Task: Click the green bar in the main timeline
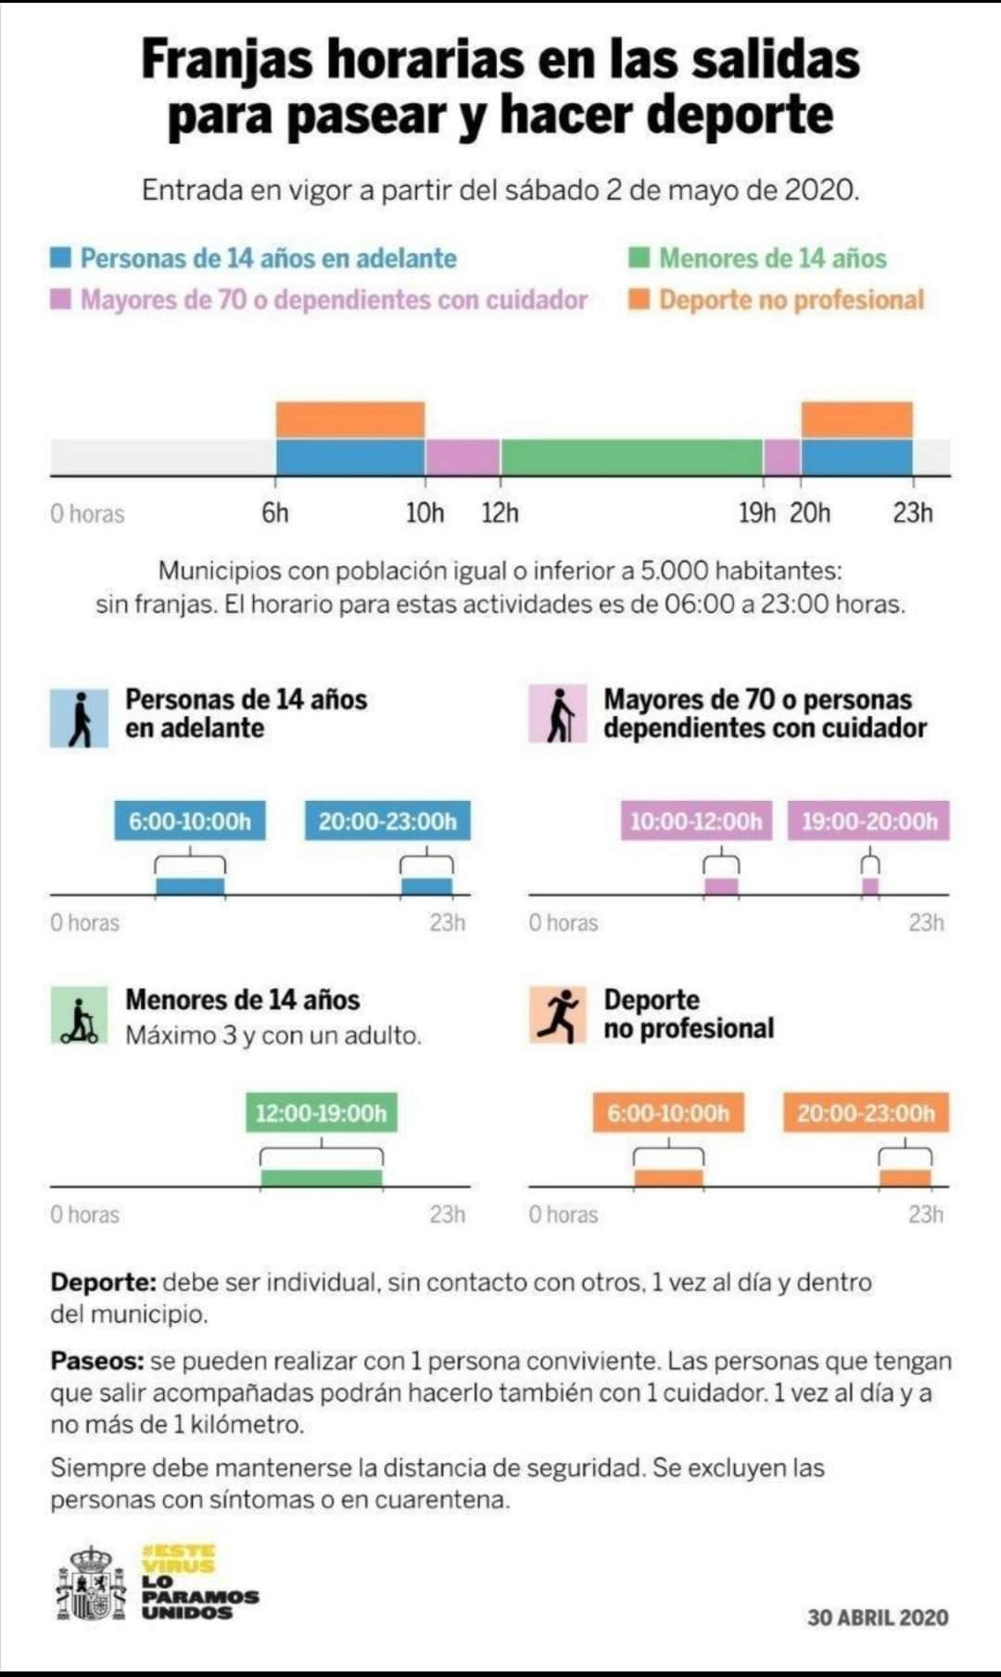click(x=631, y=457)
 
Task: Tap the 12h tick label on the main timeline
click(x=500, y=513)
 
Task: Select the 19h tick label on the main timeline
click(x=756, y=513)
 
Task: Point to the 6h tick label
click(x=275, y=513)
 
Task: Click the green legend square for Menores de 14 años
click(x=639, y=258)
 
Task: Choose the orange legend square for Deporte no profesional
click(x=639, y=299)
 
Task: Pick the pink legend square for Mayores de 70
click(x=61, y=299)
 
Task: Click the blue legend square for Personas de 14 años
click(x=61, y=258)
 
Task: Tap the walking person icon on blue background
click(x=80, y=718)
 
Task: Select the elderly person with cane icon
click(x=558, y=714)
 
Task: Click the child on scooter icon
click(x=80, y=1016)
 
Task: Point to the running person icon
click(x=558, y=1015)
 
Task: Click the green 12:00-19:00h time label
click(x=321, y=1112)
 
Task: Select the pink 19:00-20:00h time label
click(x=868, y=820)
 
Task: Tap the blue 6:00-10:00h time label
click(x=190, y=820)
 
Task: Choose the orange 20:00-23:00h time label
click(x=866, y=1112)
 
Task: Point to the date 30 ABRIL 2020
click(x=878, y=1618)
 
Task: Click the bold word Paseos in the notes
click(x=96, y=1361)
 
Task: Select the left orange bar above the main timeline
click(x=350, y=420)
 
